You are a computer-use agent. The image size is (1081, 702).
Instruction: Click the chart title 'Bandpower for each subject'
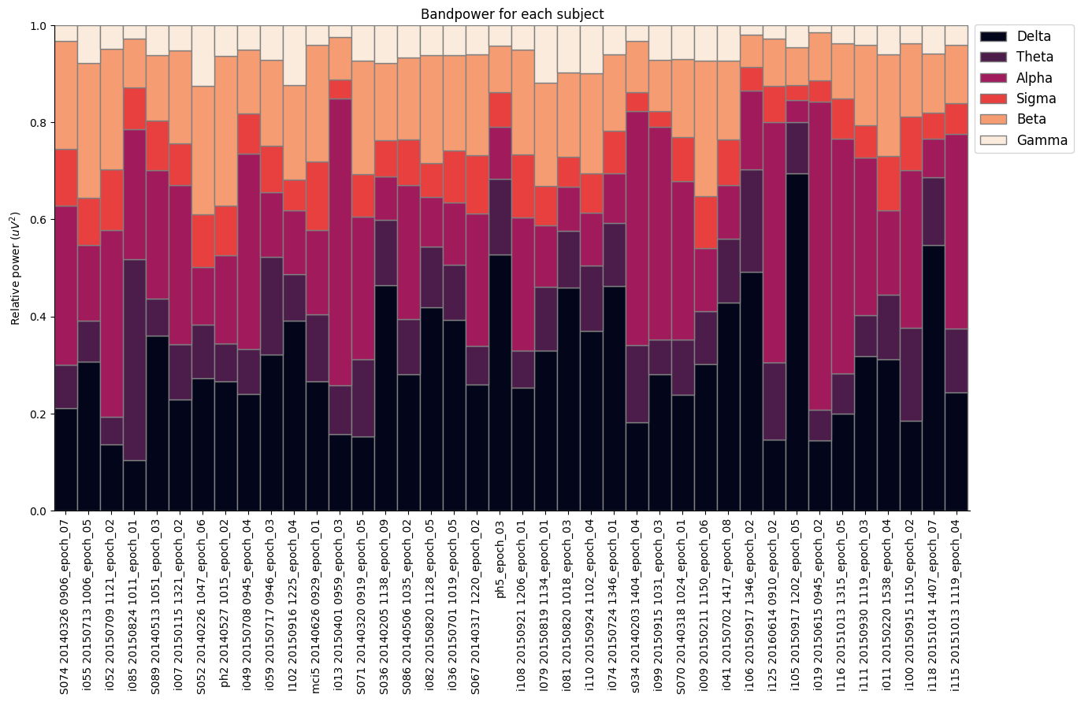click(x=512, y=14)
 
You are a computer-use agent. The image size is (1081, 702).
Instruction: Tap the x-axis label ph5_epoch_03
click(x=500, y=552)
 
